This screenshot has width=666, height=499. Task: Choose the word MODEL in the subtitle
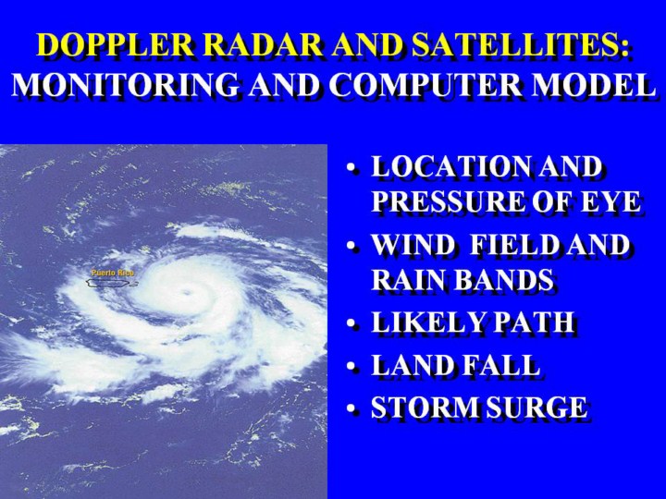(x=591, y=84)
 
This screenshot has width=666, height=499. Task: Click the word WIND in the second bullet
(x=413, y=245)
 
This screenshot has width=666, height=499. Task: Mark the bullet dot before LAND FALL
(x=351, y=366)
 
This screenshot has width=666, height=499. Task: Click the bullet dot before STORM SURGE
(x=351, y=408)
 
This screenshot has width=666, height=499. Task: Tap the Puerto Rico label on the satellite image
(x=113, y=273)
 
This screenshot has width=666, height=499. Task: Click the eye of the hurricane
(x=186, y=292)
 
